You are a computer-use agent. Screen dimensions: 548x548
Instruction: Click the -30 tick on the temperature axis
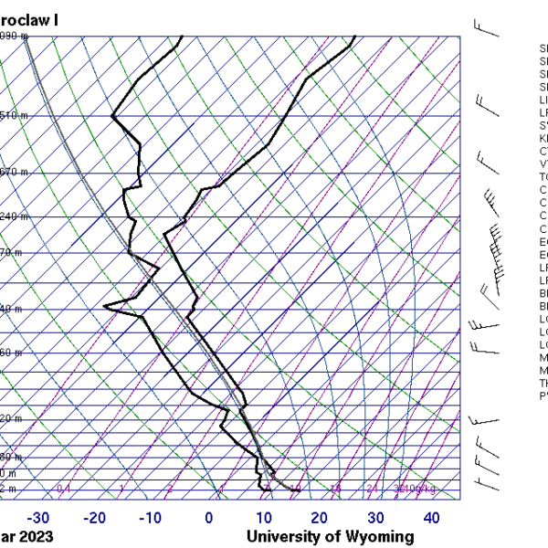click(x=39, y=519)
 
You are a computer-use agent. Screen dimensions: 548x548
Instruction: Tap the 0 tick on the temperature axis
click(x=209, y=519)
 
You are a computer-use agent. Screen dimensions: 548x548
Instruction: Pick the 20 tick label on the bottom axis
click(x=320, y=519)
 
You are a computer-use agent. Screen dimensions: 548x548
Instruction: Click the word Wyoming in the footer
click(x=376, y=537)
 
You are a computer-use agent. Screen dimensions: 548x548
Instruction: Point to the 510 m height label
click(x=14, y=116)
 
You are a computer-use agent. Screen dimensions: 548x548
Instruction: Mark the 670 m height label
click(x=14, y=172)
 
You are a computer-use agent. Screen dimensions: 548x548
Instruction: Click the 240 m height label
click(x=14, y=216)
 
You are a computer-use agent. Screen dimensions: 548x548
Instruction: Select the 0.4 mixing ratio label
click(x=64, y=490)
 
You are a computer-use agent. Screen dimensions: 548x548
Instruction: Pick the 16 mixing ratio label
click(x=335, y=490)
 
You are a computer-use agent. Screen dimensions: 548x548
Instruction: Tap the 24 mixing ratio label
click(x=372, y=490)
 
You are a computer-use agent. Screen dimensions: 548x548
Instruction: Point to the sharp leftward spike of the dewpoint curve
click(x=105, y=306)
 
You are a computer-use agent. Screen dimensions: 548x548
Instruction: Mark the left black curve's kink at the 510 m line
click(x=112, y=116)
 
